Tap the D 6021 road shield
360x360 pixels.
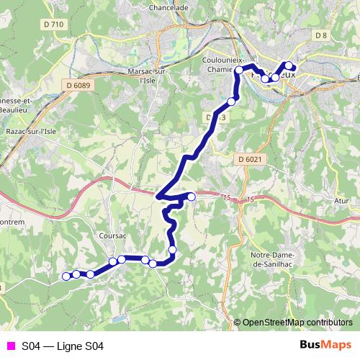coord(251,159)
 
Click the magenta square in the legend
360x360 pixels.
coord(9,346)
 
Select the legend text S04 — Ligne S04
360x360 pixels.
coord(63,346)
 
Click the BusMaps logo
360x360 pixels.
coord(325,346)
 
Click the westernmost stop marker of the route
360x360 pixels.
coord(66,276)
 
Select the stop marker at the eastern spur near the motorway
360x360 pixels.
coord(192,197)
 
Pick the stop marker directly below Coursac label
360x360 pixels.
coord(113,261)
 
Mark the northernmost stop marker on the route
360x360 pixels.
coord(289,65)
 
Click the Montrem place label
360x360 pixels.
coord(12,222)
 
